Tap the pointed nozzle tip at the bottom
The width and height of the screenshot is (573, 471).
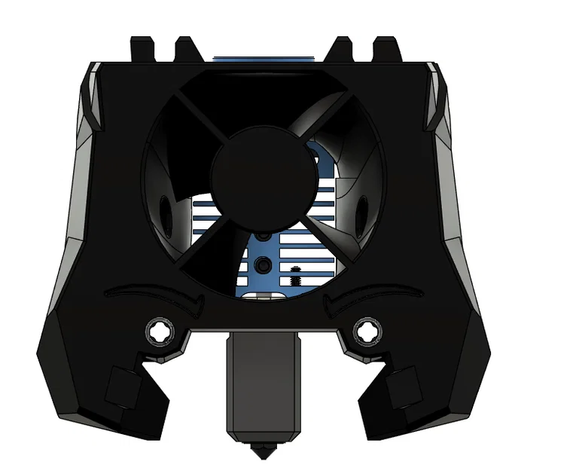click(261, 452)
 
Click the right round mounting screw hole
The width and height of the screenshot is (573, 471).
click(367, 330)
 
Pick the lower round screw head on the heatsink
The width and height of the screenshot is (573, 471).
click(264, 265)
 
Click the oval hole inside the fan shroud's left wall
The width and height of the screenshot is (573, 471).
click(164, 204)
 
